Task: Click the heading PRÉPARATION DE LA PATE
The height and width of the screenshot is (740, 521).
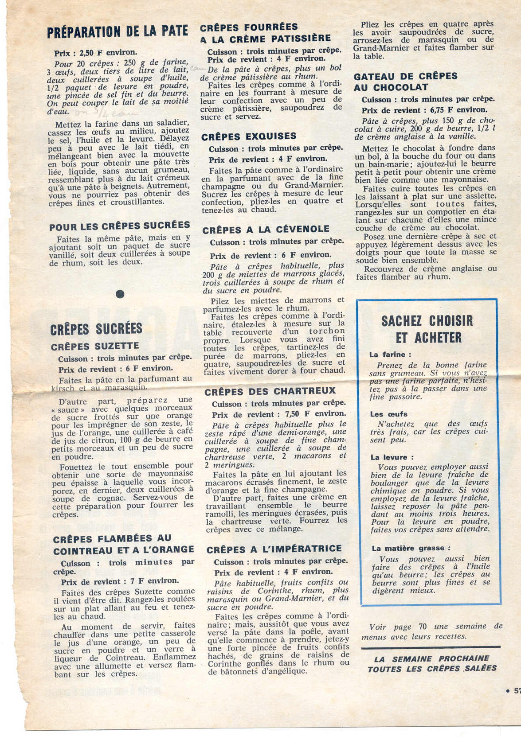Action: pyautogui.click(x=118, y=31)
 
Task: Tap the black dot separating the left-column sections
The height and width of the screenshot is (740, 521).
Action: pyautogui.click(x=120, y=294)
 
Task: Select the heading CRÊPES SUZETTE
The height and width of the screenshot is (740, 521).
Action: pyautogui.click(x=95, y=346)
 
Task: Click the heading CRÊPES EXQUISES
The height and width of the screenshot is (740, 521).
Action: pyautogui.click(x=249, y=136)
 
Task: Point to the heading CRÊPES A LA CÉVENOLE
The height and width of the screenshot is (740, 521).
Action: pyautogui.click(x=266, y=230)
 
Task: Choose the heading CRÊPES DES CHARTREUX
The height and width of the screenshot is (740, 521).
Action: pyautogui.click(x=270, y=392)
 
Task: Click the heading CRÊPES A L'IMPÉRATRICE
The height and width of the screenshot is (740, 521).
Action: pyautogui.click(x=274, y=549)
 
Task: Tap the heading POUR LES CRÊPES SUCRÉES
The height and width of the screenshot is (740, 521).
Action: pyautogui.click(x=120, y=226)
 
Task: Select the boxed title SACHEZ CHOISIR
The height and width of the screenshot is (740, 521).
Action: pyautogui.click(x=427, y=321)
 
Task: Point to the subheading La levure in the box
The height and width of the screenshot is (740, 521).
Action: pyautogui.click(x=392, y=457)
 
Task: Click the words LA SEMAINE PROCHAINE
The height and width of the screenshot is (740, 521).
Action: pyautogui.click(x=431, y=659)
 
